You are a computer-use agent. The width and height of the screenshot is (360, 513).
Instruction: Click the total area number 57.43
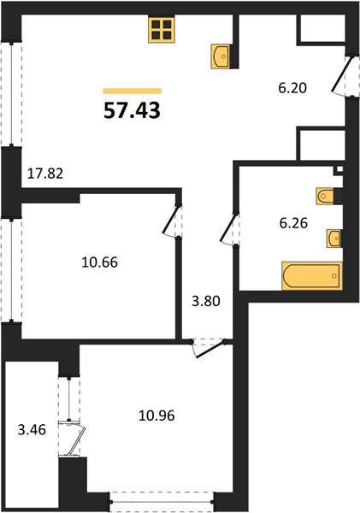[132, 110]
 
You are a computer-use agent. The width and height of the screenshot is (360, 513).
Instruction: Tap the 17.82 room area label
[45, 174]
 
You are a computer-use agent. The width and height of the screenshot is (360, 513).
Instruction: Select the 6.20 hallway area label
[292, 88]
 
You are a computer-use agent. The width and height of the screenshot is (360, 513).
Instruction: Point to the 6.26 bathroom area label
[293, 223]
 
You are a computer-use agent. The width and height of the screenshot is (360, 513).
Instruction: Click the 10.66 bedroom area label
[99, 262]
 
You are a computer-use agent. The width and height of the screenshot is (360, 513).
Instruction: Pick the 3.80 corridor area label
[206, 301]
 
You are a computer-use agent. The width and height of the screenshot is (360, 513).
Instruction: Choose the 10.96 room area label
[156, 416]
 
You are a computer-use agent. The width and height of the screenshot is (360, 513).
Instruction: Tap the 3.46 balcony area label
[32, 430]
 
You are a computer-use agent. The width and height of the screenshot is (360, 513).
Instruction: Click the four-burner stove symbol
[162, 29]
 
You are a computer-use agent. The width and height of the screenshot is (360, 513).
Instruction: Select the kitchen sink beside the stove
[221, 56]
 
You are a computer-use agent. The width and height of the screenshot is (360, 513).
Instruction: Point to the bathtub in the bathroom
[312, 276]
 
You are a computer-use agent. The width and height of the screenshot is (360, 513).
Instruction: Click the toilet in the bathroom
[325, 197]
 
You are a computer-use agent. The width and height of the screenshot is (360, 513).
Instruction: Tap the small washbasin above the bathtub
[333, 239]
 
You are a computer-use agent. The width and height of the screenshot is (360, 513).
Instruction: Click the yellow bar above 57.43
[133, 91]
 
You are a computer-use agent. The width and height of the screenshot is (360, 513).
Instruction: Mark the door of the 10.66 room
[172, 221]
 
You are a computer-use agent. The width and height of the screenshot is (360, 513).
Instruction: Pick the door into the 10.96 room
[209, 348]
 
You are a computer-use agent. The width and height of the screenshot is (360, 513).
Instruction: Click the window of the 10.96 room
[162, 502]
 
